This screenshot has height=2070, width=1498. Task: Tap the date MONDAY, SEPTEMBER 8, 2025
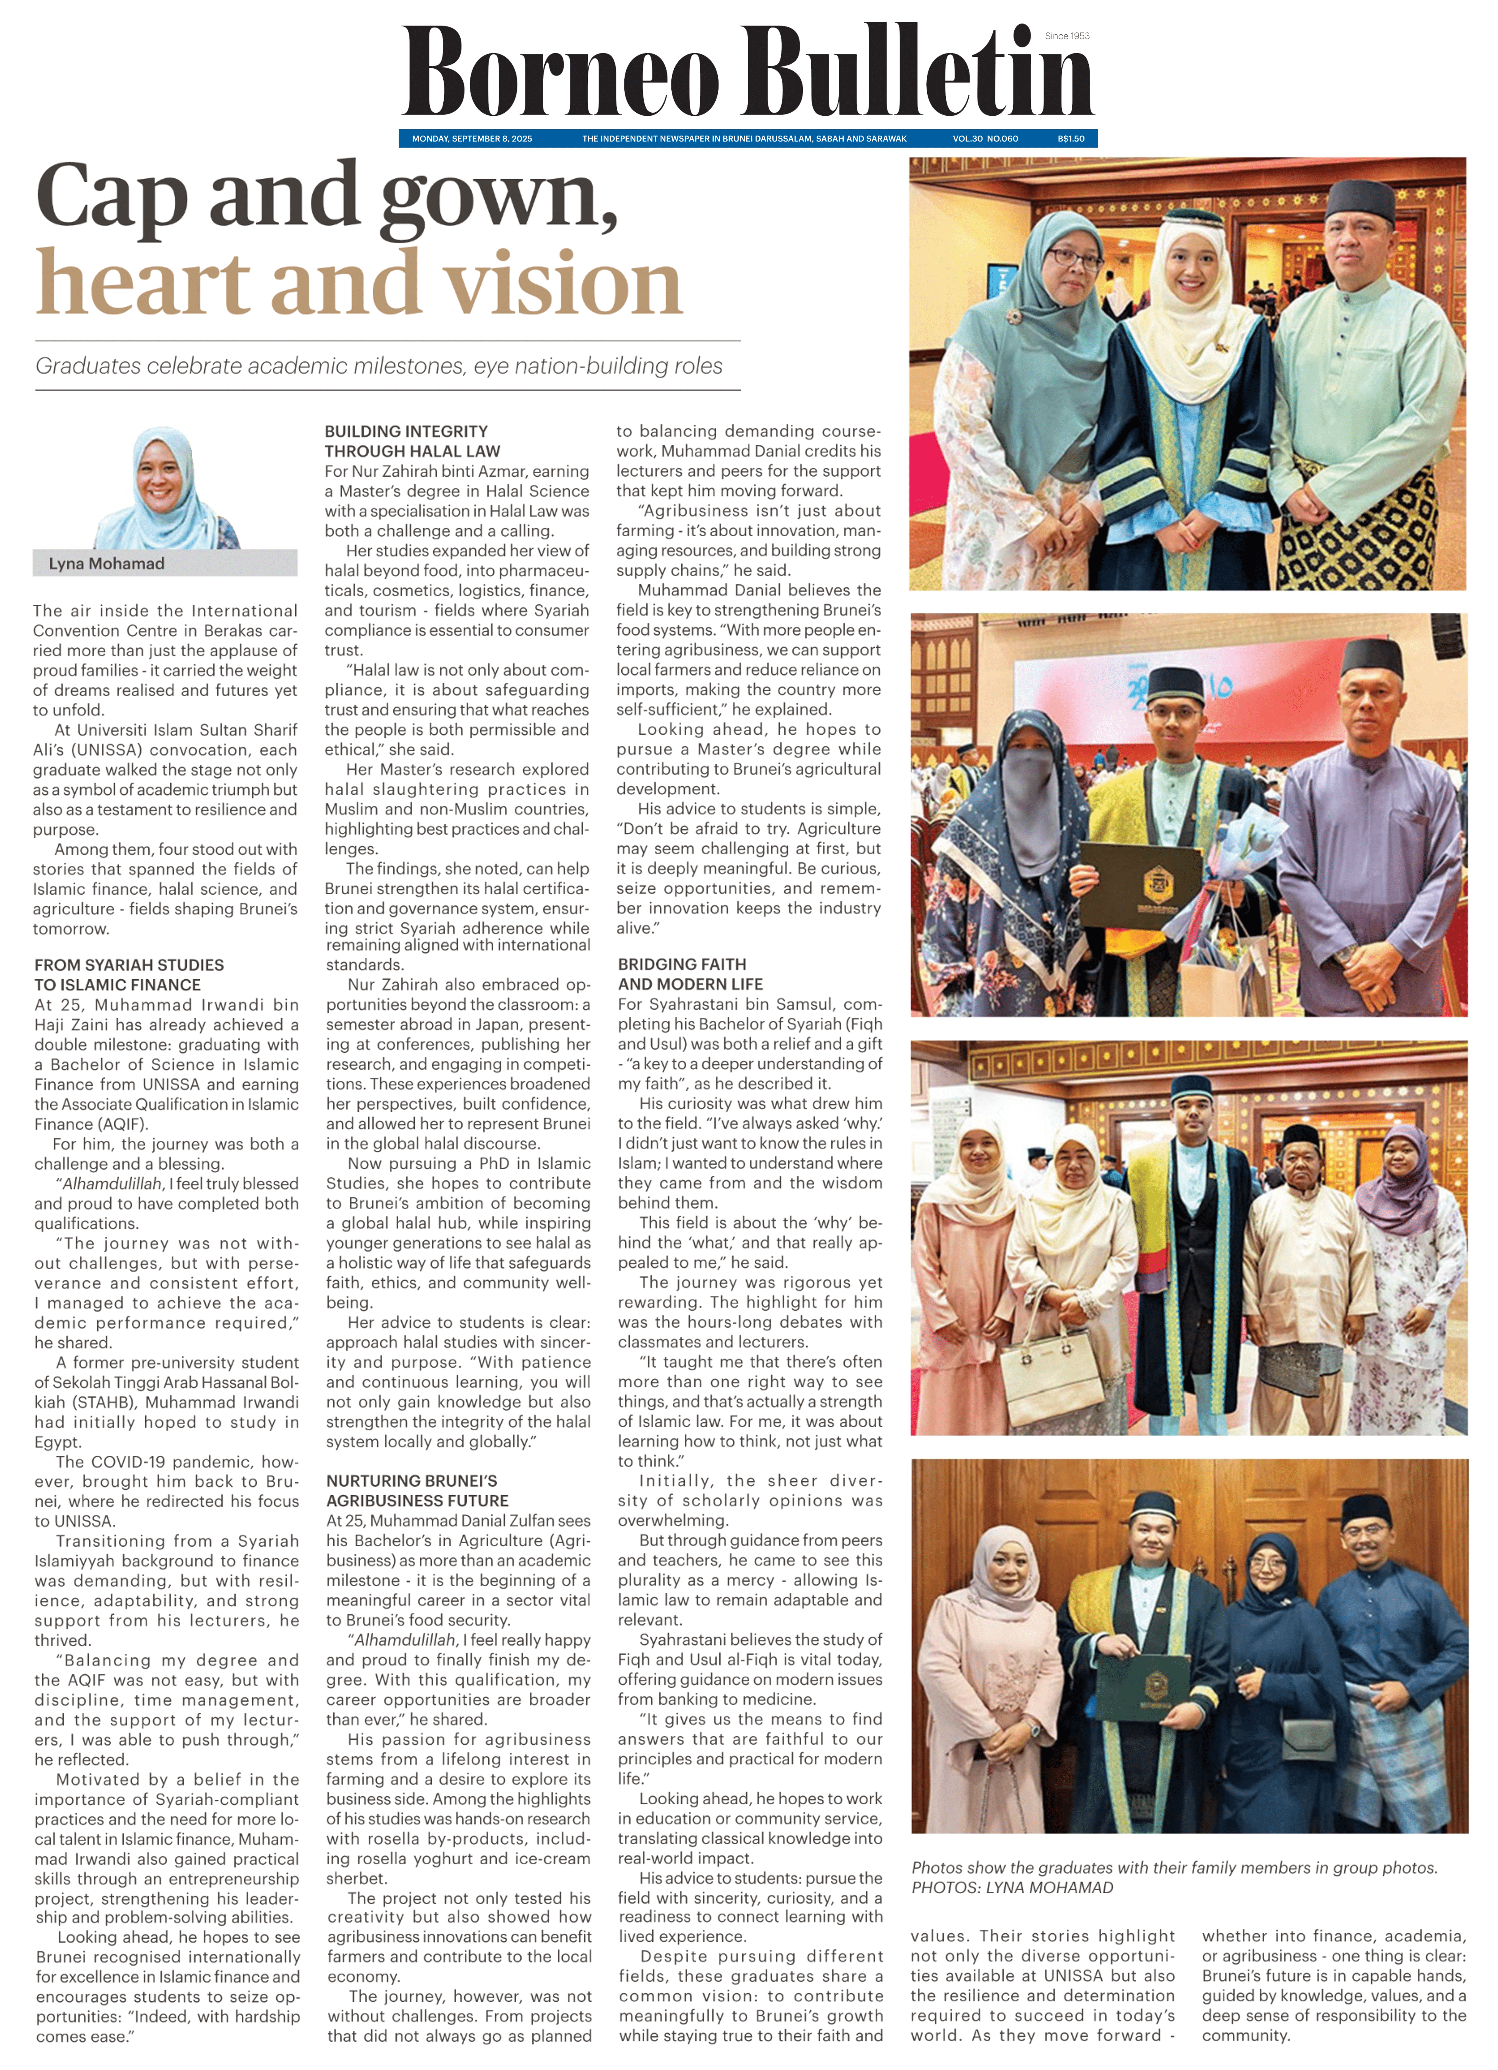pyautogui.click(x=472, y=139)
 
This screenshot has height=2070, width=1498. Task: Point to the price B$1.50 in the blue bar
pyautogui.click(x=1071, y=139)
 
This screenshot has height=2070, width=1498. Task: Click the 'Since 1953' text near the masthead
pyautogui.click(x=1067, y=36)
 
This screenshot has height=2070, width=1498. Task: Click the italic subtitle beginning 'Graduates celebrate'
pyautogui.click(x=379, y=366)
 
